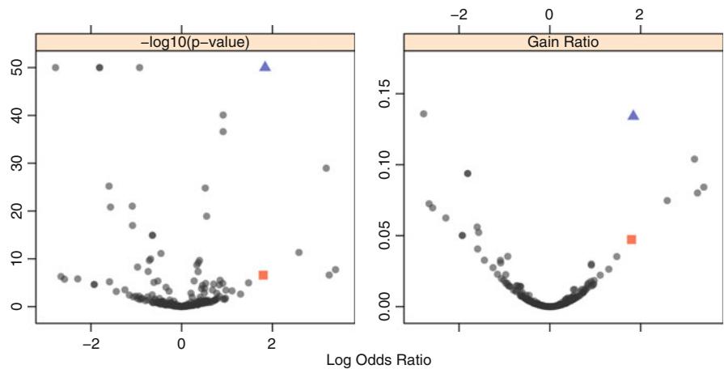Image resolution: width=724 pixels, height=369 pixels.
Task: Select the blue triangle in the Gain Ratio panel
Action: pos(633,115)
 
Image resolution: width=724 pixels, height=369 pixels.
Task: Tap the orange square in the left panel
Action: pos(263,275)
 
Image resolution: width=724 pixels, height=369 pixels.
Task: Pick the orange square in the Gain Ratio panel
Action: pos(631,240)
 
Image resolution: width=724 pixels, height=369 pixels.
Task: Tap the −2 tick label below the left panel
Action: pos(90,341)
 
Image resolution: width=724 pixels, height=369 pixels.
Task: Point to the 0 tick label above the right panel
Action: pos(549,14)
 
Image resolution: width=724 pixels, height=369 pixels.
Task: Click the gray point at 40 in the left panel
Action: pos(223,115)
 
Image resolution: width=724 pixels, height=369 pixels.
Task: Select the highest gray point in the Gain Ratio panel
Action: pos(423,114)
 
